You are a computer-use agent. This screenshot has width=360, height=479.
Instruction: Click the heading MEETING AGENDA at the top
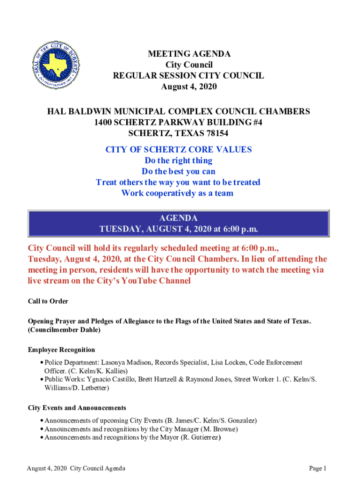pos(189,54)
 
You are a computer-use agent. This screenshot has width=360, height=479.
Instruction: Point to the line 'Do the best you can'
pos(178,171)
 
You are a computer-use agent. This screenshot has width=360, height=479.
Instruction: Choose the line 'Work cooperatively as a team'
pos(177,193)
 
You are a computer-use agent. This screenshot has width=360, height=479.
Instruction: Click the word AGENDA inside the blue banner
pos(178,218)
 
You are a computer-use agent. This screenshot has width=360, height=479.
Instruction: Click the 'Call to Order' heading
pos(48,301)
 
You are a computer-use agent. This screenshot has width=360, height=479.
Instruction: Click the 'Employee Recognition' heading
pos(61,350)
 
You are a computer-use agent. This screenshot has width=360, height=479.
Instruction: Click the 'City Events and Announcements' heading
pos(77,408)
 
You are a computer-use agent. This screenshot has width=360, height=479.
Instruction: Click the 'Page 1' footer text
pos(317,468)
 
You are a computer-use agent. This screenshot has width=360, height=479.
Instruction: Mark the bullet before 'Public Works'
pos(42,379)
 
